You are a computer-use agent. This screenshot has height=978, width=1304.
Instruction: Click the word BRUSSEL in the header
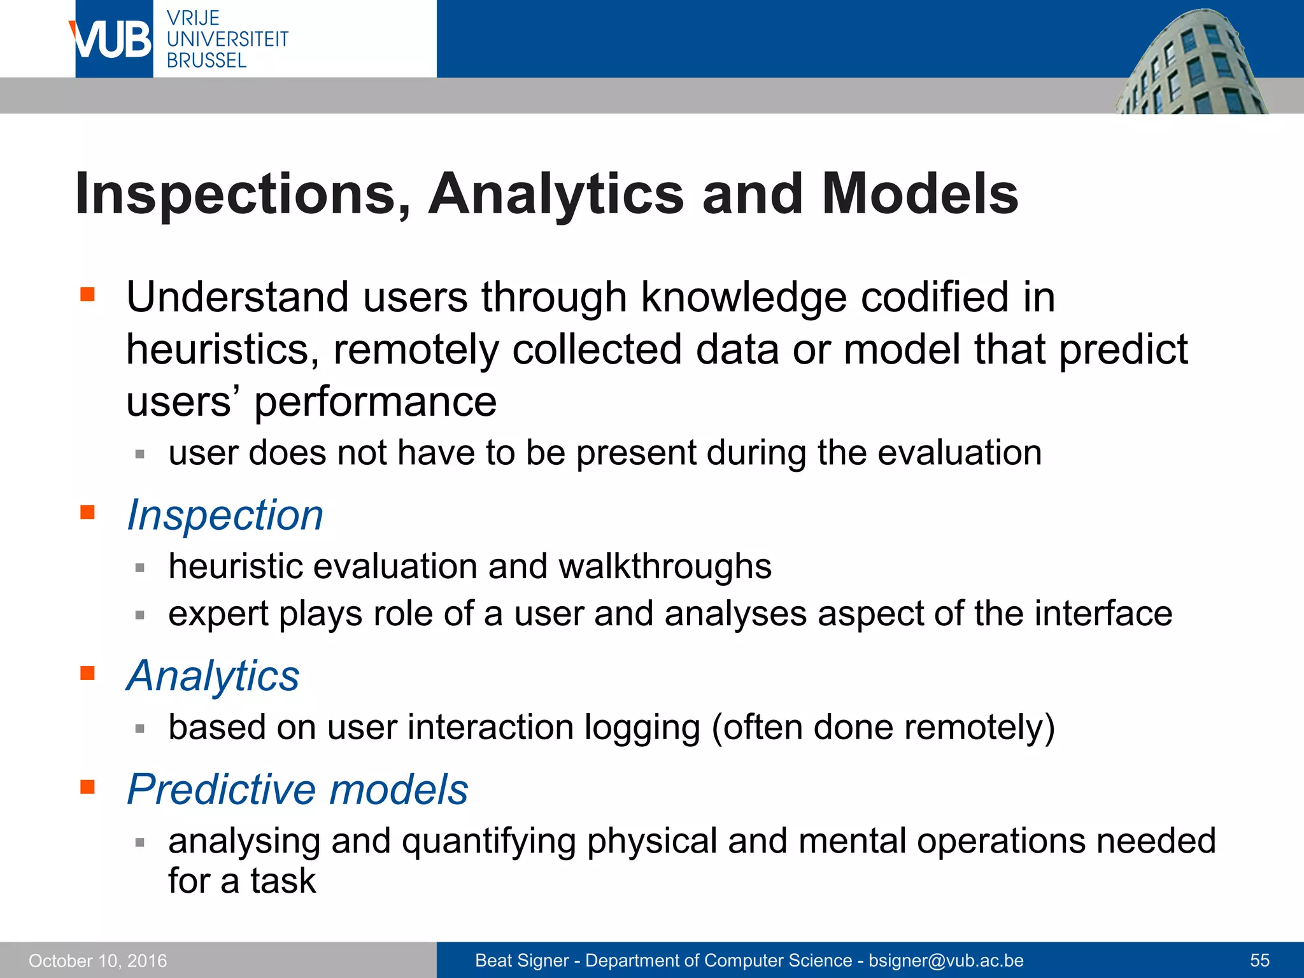206,61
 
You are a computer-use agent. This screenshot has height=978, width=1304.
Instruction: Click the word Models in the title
919,194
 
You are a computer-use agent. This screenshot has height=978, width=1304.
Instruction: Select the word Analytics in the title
556,194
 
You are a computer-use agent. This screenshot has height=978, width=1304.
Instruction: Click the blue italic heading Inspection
225,515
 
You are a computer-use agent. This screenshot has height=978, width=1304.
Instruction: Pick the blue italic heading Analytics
213,676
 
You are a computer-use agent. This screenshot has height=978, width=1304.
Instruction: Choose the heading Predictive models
297,790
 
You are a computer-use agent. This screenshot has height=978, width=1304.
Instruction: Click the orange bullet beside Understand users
87,294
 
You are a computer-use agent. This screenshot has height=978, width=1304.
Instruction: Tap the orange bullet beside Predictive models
87,787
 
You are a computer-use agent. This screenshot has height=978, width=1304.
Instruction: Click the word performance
375,402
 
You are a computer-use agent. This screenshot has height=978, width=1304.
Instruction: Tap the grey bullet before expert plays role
140,615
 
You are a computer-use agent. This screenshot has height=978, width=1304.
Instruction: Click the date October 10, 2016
98,961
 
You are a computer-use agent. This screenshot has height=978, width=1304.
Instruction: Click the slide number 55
1259,960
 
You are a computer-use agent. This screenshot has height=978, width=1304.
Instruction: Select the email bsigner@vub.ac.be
946,960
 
